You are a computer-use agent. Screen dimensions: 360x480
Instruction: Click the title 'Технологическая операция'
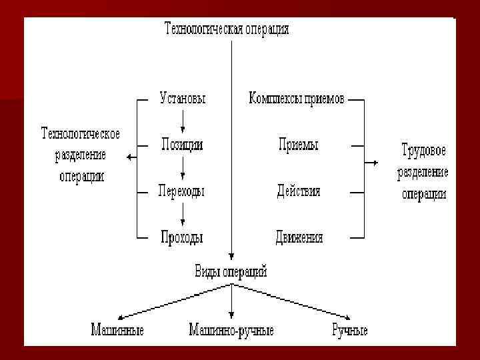(227, 30)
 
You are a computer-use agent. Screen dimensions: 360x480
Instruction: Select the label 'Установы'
(182, 99)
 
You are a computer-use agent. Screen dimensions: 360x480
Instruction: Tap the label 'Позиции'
(182, 144)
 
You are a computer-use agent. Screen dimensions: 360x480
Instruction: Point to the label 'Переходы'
(181, 191)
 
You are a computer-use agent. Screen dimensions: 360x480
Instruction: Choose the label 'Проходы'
(181, 237)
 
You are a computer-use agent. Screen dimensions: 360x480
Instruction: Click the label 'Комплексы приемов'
(297, 99)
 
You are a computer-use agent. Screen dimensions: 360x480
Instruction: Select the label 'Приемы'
(298, 145)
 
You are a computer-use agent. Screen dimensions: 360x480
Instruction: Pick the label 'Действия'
(299, 191)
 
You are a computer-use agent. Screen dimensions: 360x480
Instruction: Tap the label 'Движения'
(299, 237)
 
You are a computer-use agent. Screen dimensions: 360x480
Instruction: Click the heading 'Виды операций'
(231, 271)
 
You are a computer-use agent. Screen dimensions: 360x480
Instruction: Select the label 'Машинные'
(117, 330)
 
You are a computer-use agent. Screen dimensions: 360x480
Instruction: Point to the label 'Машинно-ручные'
(231, 330)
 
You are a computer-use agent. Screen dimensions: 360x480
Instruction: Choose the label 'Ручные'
(349, 330)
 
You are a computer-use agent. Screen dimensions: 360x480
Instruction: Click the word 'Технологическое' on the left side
(81, 134)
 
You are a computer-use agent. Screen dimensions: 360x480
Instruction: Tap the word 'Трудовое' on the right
(424, 149)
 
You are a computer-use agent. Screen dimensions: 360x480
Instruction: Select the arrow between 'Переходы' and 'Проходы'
(182, 214)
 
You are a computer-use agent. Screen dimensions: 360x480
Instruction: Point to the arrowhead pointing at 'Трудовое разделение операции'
(377, 162)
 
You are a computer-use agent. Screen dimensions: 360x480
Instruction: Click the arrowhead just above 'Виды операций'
(231, 257)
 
